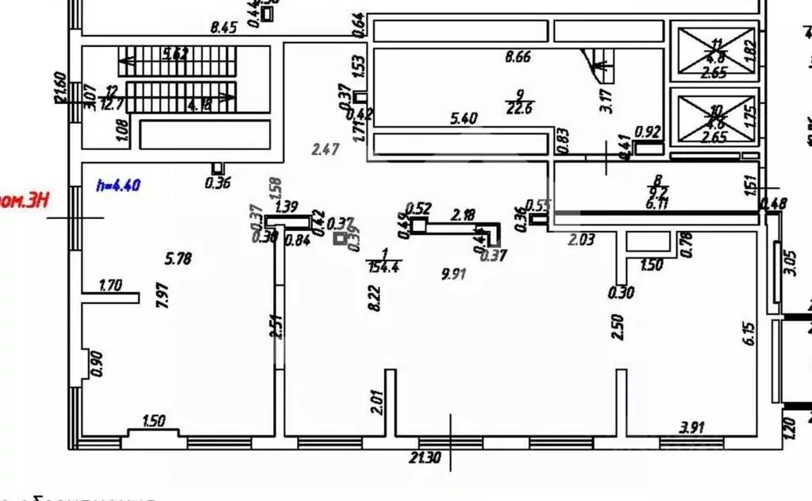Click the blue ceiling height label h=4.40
(x=117, y=186)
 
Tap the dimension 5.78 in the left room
(x=178, y=258)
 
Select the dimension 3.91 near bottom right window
(x=691, y=427)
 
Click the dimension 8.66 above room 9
(x=518, y=56)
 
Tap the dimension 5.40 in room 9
(x=463, y=119)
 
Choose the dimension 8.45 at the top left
(x=224, y=28)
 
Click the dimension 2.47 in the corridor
(x=325, y=148)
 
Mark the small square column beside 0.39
(x=341, y=237)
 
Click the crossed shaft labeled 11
(x=714, y=51)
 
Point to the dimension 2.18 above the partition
(x=464, y=214)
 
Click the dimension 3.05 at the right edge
(x=790, y=262)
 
